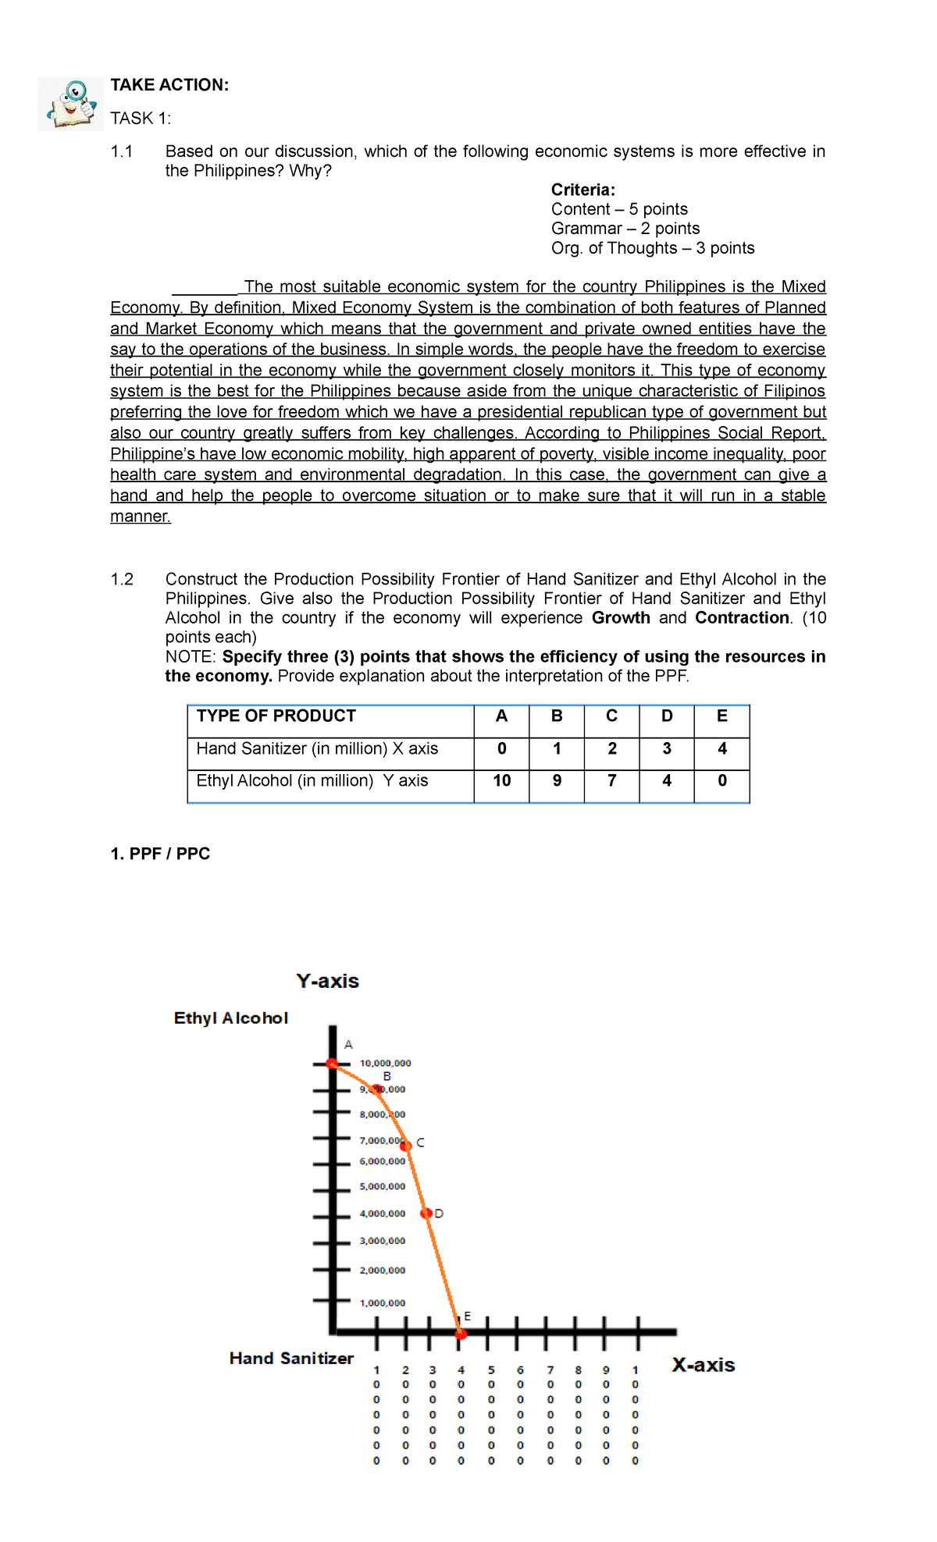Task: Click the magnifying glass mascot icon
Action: tap(70, 104)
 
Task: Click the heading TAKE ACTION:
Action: tap(169, 85)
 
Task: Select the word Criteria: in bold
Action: tap(583, 190)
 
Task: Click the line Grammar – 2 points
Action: tap(625, 229)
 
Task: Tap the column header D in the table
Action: tap(666, 716)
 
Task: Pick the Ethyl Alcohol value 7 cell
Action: tap(611, 781)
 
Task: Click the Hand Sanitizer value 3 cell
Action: tap(666, 749)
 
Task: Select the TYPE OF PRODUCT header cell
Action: tap(276, 716)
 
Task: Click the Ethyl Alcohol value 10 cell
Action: tap(501, 781)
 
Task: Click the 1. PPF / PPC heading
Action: tap(160, 854)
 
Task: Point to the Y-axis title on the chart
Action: tap(327, 982)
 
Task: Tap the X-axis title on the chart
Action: tap(703, 1365)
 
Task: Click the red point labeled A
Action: tap(332, 1063)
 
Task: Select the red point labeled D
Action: tap(426, 1213)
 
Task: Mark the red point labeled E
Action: tap(461, 1334)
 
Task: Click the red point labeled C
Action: tap(406, 1145)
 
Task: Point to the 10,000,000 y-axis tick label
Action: tap(385, 1063)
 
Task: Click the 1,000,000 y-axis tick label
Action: tap(382, 1302)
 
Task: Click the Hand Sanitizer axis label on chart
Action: tap(291, 1359)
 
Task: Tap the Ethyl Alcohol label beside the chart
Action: tap(230, 1018)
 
